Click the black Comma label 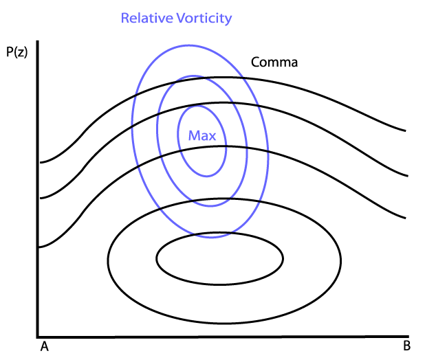point(274,62)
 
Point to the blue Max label point(201,135)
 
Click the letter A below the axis point(44,346)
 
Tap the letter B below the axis point(406,345)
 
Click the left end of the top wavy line point(41,163)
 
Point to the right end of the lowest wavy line point(406,218)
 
